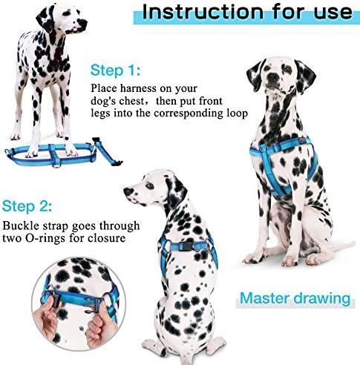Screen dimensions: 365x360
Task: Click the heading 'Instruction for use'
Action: (x=247, y=13)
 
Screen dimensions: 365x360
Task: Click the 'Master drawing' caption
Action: (x=294, y=300)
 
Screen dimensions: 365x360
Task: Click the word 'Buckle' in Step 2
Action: (x=22, y=226)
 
